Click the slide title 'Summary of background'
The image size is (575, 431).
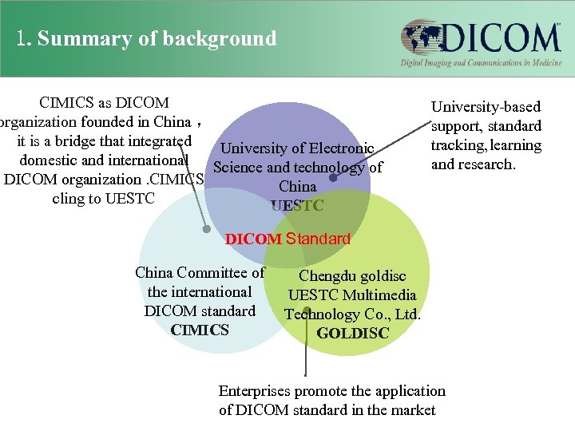[x=157, y=38]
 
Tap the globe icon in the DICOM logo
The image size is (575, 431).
[x=421, y=38]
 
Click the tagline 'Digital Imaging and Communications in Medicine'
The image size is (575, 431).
[x=480, y=63]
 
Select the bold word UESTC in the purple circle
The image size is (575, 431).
[x=297, y=205]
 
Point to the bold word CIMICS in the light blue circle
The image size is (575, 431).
[x=200, y=330]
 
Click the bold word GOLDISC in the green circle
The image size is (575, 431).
[x=353, y=333]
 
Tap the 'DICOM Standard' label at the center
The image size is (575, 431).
[x=287, y=238]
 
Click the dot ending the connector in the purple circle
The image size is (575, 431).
[x=333, y=178]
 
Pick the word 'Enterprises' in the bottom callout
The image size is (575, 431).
[x=255, y=391]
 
